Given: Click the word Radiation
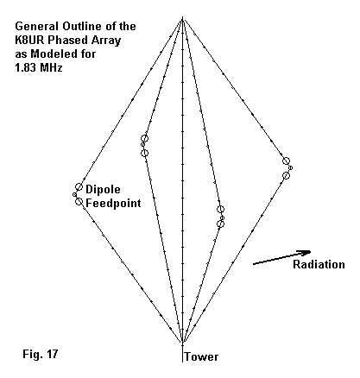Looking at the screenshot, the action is click(319, 264).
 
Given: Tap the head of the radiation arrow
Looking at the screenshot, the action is click(306, 252).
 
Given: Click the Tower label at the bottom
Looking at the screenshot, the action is click(201, 356).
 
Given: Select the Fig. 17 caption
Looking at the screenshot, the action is click(41, 354).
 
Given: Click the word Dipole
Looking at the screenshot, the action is click(103, 189).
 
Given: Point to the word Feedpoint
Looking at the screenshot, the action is click(113, 203).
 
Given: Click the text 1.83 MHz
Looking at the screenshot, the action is click(39, 67).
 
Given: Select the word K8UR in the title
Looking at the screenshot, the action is click(30, 40).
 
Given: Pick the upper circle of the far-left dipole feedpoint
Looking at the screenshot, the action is click(79, 186).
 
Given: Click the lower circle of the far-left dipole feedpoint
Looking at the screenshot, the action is click(79, 201).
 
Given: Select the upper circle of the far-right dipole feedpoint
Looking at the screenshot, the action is click(286, 161).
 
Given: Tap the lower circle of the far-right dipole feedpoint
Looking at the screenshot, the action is click(286, 175).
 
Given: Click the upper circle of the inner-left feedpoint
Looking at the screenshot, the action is click(145, 138).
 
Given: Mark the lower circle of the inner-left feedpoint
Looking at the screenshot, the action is click(145, 153).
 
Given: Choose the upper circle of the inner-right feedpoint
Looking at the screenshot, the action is click(220, 209).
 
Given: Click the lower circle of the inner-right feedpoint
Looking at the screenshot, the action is click(220, 224).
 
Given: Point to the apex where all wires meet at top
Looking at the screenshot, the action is click(182, 18).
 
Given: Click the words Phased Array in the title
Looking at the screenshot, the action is click(84, 41).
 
